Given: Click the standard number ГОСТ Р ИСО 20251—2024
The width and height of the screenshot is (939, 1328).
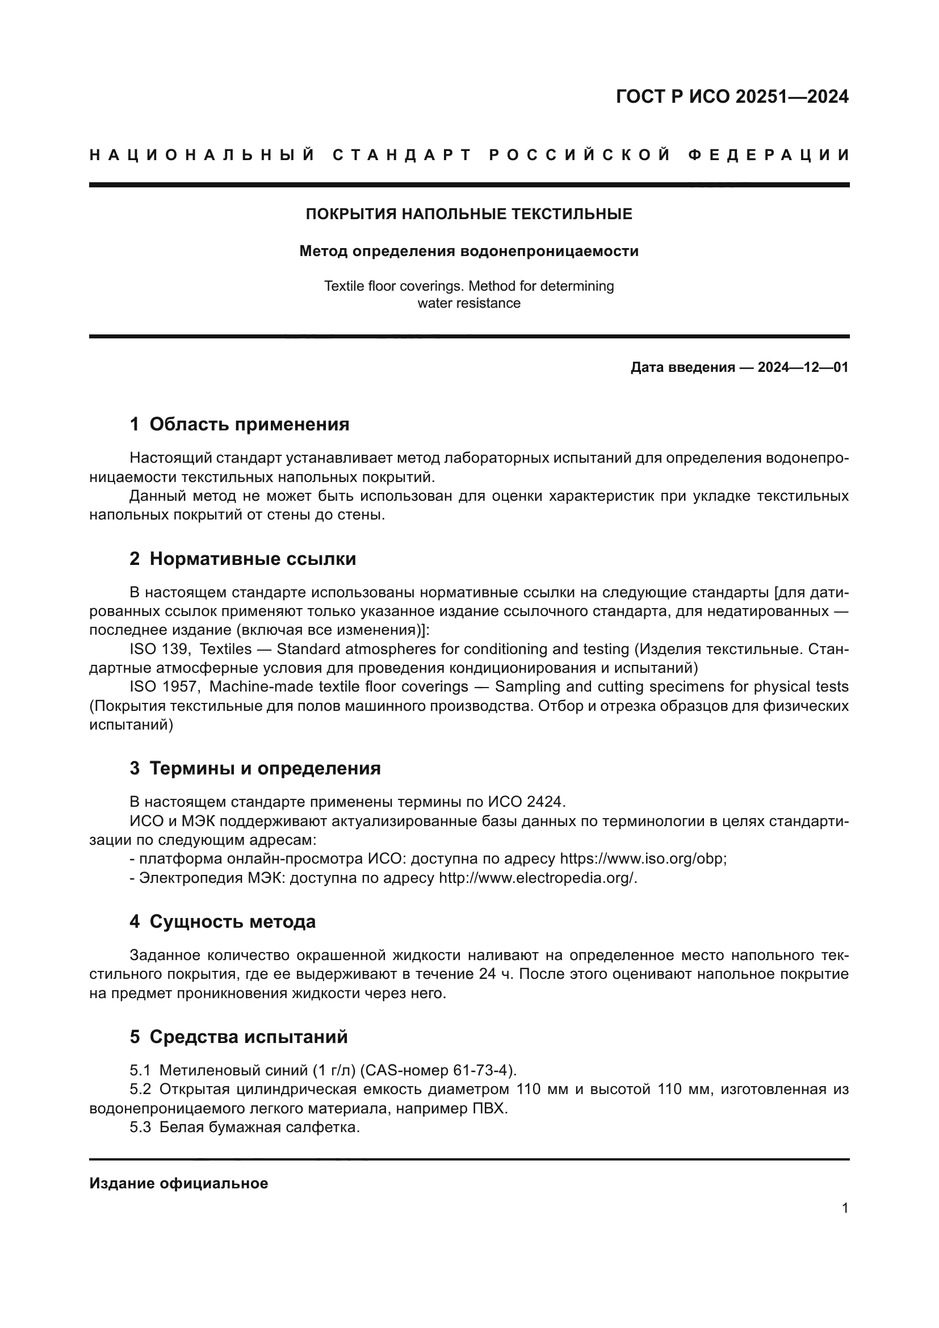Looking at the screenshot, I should (x=732, y=97).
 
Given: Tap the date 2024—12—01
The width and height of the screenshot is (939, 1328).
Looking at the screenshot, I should (x=803, y=367).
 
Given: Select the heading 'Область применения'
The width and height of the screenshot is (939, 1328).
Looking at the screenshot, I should (x=249, y=425).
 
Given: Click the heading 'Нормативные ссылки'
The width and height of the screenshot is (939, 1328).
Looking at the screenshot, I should (x=253, y=559).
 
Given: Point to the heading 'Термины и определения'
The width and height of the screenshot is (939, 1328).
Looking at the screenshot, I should (x=265, y=768).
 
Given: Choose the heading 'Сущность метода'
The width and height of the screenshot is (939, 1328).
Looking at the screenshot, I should (x=232, y=921).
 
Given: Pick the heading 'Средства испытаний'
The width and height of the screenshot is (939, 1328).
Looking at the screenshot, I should (x=249, y=1037).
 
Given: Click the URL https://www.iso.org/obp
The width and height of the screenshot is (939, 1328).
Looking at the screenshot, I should (x=643, y=858).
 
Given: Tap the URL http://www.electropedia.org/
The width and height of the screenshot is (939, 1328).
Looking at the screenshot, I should (x=537, y=878).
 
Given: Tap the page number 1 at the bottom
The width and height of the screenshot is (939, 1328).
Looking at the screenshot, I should (x=845, y=1208).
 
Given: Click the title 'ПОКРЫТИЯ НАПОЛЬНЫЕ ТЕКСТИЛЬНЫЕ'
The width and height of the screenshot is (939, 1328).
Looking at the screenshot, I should (x=469, y=215).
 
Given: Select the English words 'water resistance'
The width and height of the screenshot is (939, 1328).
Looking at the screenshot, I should (x=469, y=303).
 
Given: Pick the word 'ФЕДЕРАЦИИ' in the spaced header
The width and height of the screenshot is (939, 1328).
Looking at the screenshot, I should (x=770, y=155).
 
